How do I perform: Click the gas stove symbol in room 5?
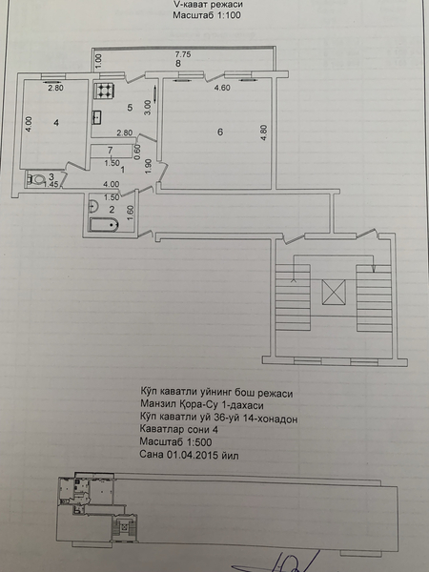click(x=105, y=91)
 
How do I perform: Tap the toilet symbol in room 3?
click(x=36, y=179)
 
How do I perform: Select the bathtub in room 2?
click(x=104, y=224)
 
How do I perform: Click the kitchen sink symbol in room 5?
click(x=96, y=117)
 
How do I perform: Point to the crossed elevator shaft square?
click(x=334, y=292)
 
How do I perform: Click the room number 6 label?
click(x=220, y=132)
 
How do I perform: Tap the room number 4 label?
click(x=56, y=123)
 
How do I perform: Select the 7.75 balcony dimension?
click(x=183, y=54)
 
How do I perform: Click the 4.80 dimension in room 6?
click(x=264, y=133)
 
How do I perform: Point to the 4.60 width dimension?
click(x=222, y=88)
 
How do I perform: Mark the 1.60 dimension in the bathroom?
click(x=131, y=213)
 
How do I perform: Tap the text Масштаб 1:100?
click(x=207, y=15)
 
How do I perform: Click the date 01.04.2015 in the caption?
click(x=193, y=455)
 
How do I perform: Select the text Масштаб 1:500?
click(x=175, y=442)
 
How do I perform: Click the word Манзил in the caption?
click(x=157, y=405)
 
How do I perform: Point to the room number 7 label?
click(x=111, y=150)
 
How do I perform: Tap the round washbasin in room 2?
click(x=93, y=206)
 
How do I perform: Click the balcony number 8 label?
click(x=178, y=64)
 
